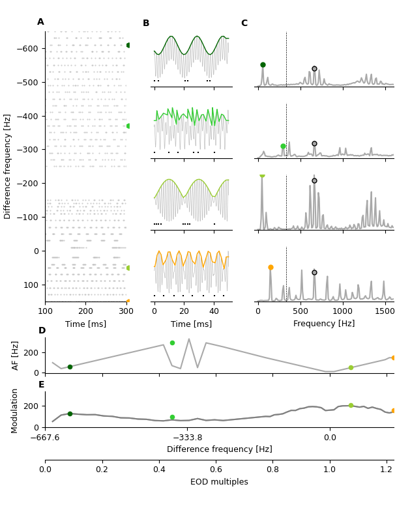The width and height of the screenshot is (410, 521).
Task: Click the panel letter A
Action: click(x=40, y=22)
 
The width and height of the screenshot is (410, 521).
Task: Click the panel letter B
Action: click(x=146, y=23)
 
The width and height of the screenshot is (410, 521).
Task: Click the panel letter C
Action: click(x=244, y=23)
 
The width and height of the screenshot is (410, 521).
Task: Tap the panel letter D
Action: click(x=42, y=331)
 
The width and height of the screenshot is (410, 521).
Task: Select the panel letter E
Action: click(x=42, y=385)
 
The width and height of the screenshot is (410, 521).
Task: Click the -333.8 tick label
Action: click(x=187, y=438)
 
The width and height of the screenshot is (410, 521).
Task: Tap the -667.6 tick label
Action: click(x=45, y=438)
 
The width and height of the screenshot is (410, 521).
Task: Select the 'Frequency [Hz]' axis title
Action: click(x=324, y=324)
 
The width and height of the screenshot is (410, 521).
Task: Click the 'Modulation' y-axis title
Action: click(x=15, y=411)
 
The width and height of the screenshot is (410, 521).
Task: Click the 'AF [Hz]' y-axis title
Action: click(x=15, y=356)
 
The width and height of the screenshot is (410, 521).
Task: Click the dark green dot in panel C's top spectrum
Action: click(x=263, y=65)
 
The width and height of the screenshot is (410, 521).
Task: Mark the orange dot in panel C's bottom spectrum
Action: click(x=271, y=267)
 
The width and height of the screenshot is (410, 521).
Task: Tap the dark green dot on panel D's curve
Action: click(x=70, y=367)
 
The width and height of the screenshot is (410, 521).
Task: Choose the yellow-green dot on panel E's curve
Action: click(x=351, y=405)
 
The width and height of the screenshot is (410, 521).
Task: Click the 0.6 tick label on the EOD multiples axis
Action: click(x=216, y=469)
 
